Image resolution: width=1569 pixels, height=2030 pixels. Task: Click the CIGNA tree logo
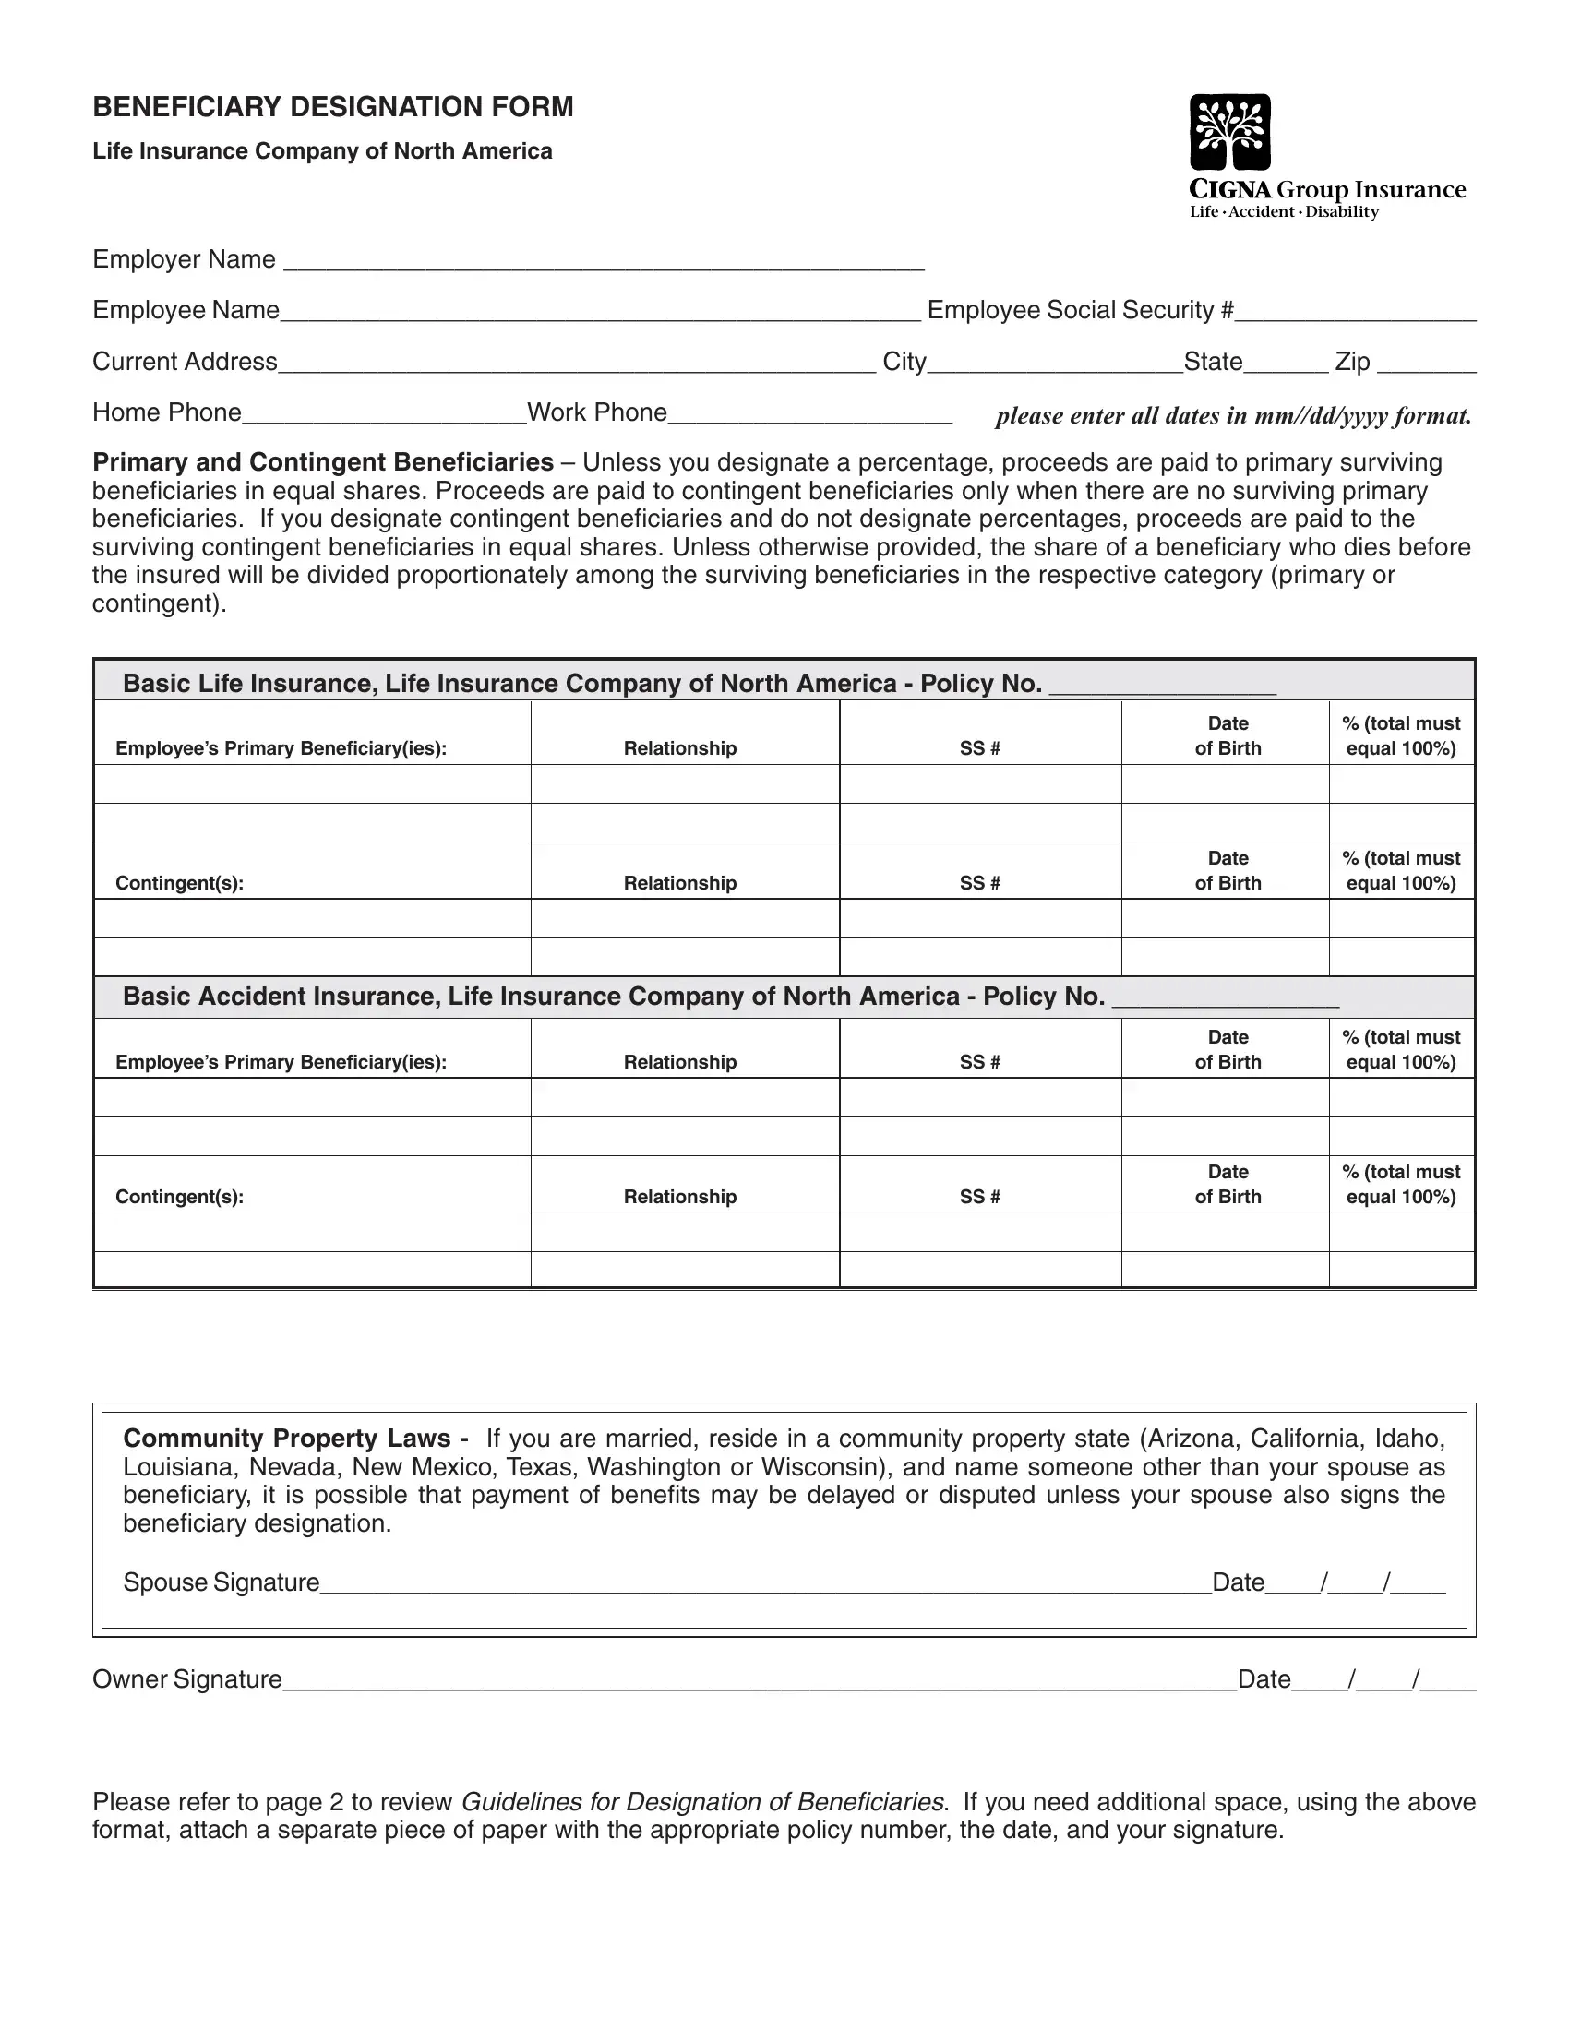tap(1229, 132)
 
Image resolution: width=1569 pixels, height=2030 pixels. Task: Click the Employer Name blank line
tap(604, 262)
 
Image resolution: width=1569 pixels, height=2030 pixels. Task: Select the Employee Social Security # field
tap(1355, 313)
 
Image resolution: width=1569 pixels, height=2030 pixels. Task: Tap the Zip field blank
tap(1426, 364)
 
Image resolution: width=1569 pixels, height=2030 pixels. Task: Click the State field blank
tap(1287, 364)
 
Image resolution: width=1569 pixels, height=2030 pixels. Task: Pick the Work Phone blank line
tap(809, 415)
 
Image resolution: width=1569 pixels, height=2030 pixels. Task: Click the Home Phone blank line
tap(384, 415)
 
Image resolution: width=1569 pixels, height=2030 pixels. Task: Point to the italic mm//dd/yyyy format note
tap(1233, 415)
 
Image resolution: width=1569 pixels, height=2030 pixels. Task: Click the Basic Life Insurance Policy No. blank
tap(1162, 687)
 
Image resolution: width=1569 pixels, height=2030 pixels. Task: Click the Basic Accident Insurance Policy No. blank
tap(1225, 1000)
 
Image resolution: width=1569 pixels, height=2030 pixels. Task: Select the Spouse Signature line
tap(765, 1585)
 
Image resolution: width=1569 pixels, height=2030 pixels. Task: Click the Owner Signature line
tap(759, 1682)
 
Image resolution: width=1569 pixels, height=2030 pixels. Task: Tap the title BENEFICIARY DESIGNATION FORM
tap(333, 107)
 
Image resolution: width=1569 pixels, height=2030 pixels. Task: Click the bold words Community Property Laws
tap(287, 1439)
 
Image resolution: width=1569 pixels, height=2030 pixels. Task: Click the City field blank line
tap(1055, 364)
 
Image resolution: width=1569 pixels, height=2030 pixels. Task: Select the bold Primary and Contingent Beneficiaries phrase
tap(322, 462)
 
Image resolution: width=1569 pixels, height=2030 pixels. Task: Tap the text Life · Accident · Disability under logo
tap(1284, 213)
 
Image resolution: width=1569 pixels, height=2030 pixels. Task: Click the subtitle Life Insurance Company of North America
tap(321, 151)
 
